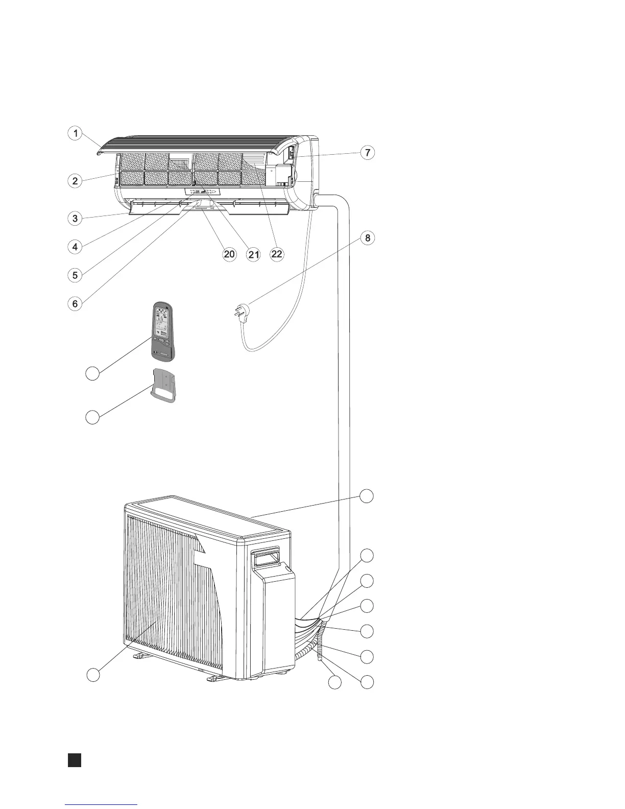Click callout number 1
pos(75,134)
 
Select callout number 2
pos(75,180)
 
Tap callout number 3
pos(75,218)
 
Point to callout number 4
pos(75,247)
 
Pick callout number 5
pos(75,275)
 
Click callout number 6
pos(75,303)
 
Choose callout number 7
pos(367,152)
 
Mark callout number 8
pos(367,238)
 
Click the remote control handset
pos(162,332)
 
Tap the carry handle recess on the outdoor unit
pos(267,557)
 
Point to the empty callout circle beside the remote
pos(92,373)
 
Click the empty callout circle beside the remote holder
pos(92,417)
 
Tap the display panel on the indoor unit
pos(203,192)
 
